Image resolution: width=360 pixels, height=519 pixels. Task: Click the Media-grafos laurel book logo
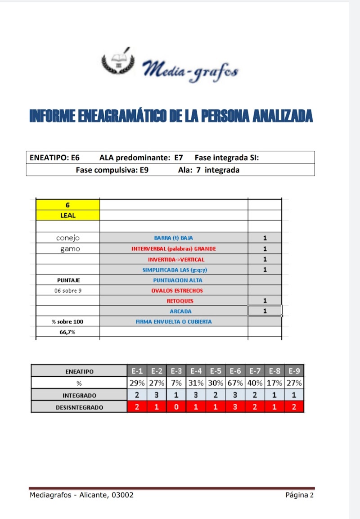tap(118, 62)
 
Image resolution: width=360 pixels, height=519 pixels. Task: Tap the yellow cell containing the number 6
tap(67, 205)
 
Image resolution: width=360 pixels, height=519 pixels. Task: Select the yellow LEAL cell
tap(67, 215)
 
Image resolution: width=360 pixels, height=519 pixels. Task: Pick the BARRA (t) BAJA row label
tap(173, 238)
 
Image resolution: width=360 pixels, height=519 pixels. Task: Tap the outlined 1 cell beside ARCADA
tap(265, 311)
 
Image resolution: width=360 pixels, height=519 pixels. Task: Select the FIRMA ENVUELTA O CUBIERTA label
tap(174, 321)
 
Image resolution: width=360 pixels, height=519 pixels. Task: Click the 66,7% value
tap(67, 332)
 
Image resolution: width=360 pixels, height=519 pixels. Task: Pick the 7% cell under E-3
tap(176, 383)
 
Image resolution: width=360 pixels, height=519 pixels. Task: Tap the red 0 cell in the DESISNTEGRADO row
tap(176, 407)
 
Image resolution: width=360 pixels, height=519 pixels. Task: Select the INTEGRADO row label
tap(79, 395)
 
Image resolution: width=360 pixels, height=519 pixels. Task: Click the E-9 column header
tap(294, 371)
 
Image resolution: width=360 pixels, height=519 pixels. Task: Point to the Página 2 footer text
tap(299, 495)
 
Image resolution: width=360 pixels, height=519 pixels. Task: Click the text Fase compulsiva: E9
tap(112, 170)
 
